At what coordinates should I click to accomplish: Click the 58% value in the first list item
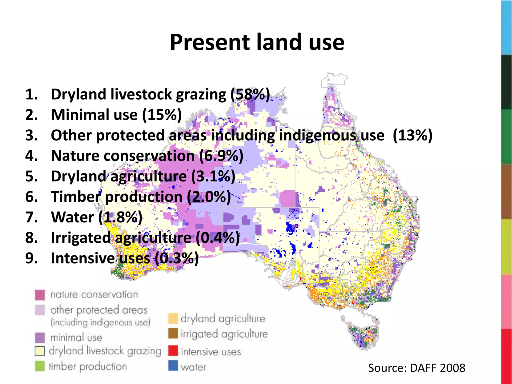point(250,94)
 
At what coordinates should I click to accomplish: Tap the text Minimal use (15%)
point(116,115)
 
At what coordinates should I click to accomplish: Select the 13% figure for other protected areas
point(412,135)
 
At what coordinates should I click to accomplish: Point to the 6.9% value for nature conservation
point(221,156)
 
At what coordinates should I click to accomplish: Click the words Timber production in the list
point(116,196)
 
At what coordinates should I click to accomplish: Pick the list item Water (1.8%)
point(96,217)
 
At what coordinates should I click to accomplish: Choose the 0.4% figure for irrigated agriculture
point(217,237)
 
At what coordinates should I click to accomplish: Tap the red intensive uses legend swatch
point(173,350)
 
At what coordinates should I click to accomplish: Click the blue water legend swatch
point(173,366)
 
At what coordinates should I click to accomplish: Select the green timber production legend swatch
point(40,366)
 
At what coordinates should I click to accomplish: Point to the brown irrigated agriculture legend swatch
point(173,333)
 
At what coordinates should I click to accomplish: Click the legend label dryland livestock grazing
point(105,351)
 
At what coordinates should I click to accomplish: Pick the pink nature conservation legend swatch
point(40,295)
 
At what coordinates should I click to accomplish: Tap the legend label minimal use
point(76,338)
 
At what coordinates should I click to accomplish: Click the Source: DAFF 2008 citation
point(416,368)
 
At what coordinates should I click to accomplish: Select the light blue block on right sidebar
point(506,27)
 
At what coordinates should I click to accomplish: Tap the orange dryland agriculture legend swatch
point(173,318)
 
